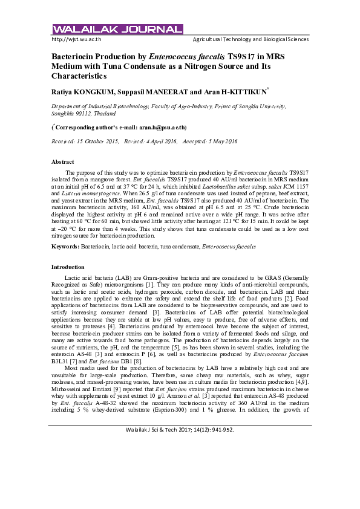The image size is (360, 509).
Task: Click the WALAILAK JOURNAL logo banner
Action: (117, 30)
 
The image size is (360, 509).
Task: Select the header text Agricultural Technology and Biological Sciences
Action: (250, 39)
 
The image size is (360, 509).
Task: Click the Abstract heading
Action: (62, 162)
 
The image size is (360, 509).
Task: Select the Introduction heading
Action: (68, 267)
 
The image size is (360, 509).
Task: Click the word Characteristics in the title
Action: (79, 77)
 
